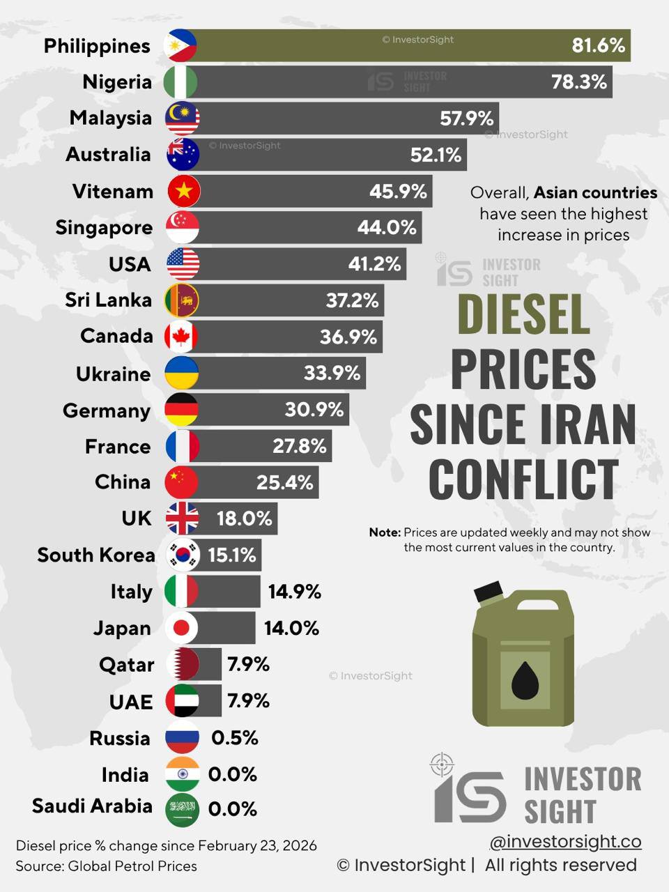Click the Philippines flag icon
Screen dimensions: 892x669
180,46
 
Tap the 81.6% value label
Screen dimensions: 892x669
598,46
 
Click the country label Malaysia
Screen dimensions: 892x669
110,118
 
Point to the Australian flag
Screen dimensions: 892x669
183,155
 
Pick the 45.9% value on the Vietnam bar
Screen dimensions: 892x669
398,191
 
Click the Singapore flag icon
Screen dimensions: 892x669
183,227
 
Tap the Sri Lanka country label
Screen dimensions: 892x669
108,300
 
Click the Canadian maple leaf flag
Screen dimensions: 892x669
181,337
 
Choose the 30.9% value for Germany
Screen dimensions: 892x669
314,409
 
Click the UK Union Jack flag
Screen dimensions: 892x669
182,518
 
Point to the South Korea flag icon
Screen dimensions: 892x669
183,555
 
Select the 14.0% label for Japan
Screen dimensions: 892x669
291,628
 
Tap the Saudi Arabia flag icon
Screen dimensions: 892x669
183,810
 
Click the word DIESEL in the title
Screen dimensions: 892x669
523,314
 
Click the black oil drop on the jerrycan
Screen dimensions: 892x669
525,680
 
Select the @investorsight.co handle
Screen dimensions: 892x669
565,842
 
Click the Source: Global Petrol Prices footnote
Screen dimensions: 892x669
107,866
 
